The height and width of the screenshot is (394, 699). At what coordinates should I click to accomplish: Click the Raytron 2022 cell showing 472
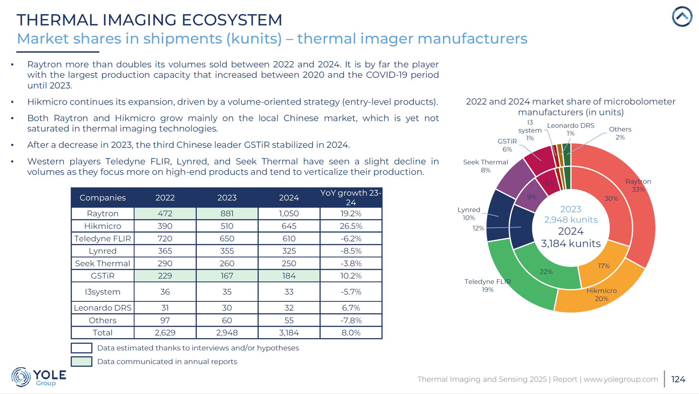pos(165,213)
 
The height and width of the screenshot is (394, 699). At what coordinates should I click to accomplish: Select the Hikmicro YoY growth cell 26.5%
pos(351,226)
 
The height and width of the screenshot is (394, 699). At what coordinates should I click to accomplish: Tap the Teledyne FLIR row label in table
pos(102,239)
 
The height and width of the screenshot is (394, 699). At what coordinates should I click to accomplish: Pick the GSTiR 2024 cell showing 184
pos(289,276)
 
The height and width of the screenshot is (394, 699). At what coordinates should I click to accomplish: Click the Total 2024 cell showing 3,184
pos(289,333)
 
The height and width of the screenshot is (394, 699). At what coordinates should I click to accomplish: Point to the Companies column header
pos(102,198)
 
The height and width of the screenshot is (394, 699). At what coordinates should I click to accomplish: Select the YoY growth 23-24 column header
pos(351,198)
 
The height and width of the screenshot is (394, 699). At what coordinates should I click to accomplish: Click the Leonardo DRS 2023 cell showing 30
pos(227,308)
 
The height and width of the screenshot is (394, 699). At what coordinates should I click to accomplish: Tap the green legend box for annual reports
pos(81,362)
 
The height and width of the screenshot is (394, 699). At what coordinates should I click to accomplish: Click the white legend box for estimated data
pos(81,348)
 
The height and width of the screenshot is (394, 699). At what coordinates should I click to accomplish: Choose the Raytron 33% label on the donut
pos(638,185)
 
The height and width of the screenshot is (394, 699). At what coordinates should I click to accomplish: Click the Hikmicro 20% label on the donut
pos(601,295)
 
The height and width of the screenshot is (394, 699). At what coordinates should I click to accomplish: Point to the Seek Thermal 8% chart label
pos(485,166)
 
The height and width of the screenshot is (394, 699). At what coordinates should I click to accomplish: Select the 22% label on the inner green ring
pos(546,271)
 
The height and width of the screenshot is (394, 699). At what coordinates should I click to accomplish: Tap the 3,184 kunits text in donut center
pos(571,243)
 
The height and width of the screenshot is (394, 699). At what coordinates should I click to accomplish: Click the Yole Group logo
pos(38,377)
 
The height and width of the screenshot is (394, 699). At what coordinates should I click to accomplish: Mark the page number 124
pos(678,379)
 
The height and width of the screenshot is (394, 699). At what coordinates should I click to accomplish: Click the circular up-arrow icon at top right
pos(682,17)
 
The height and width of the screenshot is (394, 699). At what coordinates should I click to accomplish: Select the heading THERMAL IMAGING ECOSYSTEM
pos(149,20)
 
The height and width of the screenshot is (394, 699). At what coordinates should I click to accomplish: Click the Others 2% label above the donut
pos(620,133)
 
